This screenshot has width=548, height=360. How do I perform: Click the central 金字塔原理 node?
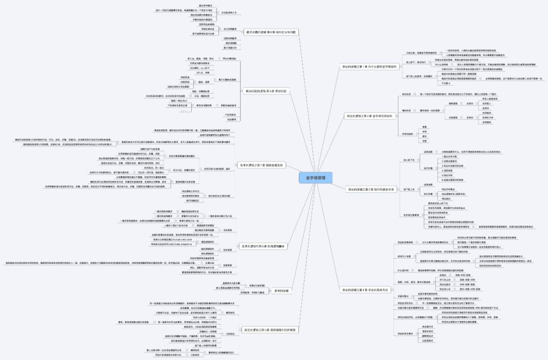coord(316,177)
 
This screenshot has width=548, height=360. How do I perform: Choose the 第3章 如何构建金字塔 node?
coord(367,189)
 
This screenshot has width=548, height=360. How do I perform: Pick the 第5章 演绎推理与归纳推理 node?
coord(269,330)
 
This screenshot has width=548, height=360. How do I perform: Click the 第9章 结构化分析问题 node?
coord(269,32)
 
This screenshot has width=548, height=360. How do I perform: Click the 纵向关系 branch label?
coord(406,95)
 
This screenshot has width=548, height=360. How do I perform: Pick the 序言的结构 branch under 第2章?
coord(407,134)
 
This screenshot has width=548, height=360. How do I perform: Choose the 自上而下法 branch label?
coord(409,160)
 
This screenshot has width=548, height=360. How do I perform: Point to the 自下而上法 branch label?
coord(409,189)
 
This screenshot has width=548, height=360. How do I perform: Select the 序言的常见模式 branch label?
coord(405,333)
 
